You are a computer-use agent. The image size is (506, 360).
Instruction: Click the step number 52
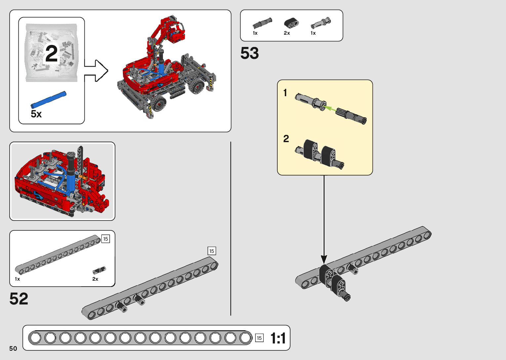point(19,299)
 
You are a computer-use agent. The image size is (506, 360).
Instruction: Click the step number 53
point(250,53)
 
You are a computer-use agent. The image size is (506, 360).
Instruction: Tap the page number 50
point(13,348)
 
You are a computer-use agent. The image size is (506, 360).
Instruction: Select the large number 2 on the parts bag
point(52,53)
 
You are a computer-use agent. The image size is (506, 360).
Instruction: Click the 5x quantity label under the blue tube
point(36,114)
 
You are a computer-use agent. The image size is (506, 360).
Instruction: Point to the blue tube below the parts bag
point(49,100)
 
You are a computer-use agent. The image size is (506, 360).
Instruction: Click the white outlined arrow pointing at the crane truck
point(96,71)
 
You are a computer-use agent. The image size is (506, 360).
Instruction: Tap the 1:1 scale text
point(278,338)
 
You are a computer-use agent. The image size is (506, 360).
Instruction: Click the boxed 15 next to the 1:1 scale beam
point(259,338)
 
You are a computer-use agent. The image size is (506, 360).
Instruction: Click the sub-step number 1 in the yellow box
point(285,93)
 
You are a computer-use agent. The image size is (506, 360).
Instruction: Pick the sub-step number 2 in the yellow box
point(286,139)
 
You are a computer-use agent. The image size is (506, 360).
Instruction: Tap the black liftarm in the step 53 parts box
point(292,23)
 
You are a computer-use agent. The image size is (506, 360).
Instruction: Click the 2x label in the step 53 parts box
point(287,33)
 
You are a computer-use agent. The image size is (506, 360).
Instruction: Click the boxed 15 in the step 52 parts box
point(105,239)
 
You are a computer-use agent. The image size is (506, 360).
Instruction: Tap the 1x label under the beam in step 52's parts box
point(18,279)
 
